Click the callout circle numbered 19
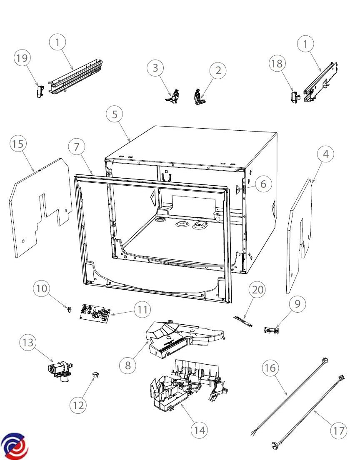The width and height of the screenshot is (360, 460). pyautogui.click(x=22, y=58)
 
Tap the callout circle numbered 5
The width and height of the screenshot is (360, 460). pyautogui.click(x=115, y=114)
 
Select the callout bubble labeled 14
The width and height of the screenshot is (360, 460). pyautogui.click(x=200, y=429)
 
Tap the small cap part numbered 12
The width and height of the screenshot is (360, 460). pyautogui.click(x=94, y=375)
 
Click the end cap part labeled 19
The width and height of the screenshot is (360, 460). pyautogui.click(x=39, y=91)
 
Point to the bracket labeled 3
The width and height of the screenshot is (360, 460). pyautogui.click(x=174, y=95)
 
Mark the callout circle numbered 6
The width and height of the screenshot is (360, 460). pyautogui.click(x=263, y=184)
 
